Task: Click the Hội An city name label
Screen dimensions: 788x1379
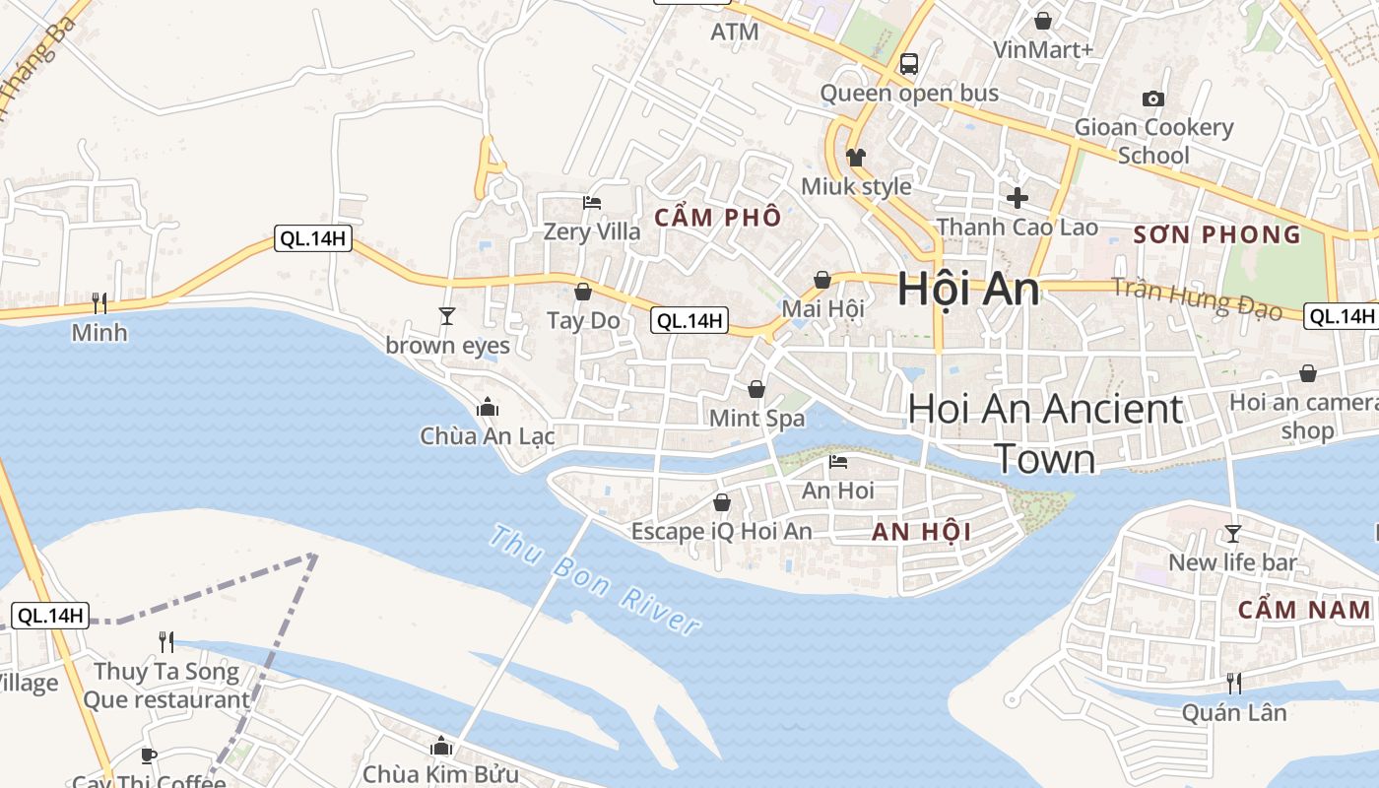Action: click(968, 290)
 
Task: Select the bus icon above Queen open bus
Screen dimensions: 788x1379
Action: click(909, 65)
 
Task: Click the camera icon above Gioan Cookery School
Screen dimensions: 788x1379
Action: click(1153, 98)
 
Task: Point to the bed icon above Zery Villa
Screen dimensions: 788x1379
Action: click(592, 203)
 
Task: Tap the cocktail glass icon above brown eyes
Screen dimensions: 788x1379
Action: click(447, 316)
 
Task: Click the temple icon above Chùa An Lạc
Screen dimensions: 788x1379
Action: click(487, 407)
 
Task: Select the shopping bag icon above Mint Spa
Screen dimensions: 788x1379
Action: click(756, 389)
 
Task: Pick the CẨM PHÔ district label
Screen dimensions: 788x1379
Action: click(718, 218)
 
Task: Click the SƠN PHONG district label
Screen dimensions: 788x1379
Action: click(1217, 234)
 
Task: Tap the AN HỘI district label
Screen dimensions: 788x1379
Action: click(922, 533)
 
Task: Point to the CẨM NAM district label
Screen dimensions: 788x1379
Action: click(1304, 610)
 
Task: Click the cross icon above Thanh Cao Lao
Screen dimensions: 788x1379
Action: click(1018, 197)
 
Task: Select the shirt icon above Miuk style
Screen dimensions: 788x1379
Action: click(855, 158)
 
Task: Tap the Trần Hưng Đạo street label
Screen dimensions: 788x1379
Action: click(1197, 299)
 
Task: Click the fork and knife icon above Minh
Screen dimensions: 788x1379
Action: click(98, 302)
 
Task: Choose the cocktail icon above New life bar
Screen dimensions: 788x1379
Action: click(1232, 534)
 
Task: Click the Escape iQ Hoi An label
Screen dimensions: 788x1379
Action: click(722, 532)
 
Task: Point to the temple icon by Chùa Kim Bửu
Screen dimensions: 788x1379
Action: click(440, 747)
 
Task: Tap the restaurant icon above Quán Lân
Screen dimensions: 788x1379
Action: click(1233, 683)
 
